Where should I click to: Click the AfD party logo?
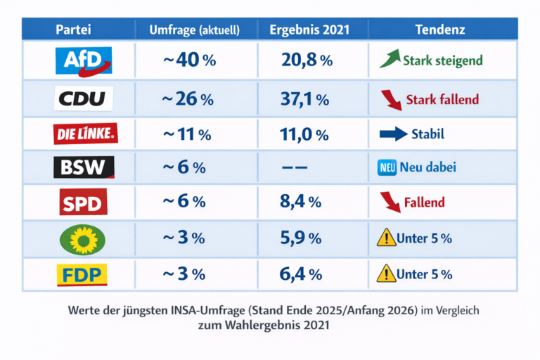point(83,60)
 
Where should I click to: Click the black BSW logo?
point(83,168)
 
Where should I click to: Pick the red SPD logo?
point(83,202)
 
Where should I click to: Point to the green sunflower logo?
point(84,238)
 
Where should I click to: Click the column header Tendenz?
point(439,30)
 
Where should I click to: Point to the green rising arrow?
point(390,59)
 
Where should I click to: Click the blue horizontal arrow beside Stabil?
point(394,134)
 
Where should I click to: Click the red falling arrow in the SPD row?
point(389,202)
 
